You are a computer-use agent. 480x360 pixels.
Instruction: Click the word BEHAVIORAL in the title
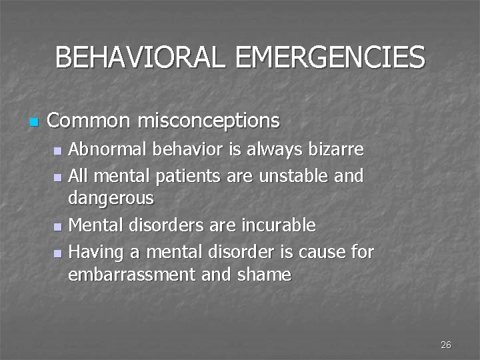pos(140,58)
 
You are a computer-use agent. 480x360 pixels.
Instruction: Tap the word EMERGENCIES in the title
pos(331,58)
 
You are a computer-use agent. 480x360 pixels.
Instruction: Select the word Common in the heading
pos(89,121)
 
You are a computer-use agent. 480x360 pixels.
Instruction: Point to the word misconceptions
pos(209,121)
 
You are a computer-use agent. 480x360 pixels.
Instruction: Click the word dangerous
pos(111,198)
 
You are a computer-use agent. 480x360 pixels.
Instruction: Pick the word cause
pos(317,252)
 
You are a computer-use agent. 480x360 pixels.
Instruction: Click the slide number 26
pos(446,345)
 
